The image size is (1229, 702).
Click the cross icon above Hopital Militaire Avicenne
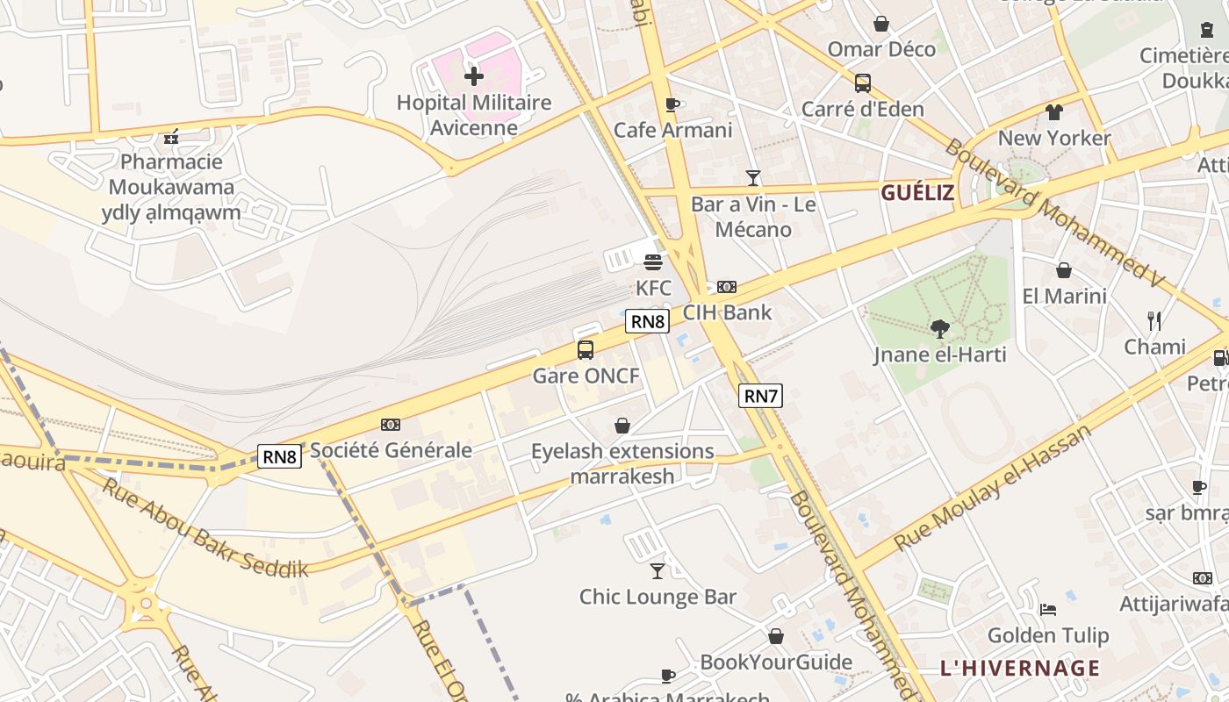474,76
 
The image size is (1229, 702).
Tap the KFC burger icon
653,261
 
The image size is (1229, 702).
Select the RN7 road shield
760,396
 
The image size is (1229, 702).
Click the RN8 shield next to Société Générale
280,455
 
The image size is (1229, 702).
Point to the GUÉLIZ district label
917,193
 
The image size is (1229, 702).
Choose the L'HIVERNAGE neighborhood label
1019,668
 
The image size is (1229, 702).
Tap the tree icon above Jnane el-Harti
940,329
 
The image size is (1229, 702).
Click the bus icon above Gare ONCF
586,350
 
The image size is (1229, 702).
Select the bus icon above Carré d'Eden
863,83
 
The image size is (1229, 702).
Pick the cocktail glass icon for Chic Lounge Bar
658,571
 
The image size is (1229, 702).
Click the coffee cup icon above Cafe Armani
672,104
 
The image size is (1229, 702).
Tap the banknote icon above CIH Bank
727,287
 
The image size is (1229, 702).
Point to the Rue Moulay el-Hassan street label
992,488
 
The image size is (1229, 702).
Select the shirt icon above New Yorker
1054,112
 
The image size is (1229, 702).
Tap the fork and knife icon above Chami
1154,321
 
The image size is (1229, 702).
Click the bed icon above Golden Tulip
1048,610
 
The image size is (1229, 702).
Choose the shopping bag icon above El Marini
1064,270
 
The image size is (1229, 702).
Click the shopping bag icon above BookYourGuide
776,636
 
